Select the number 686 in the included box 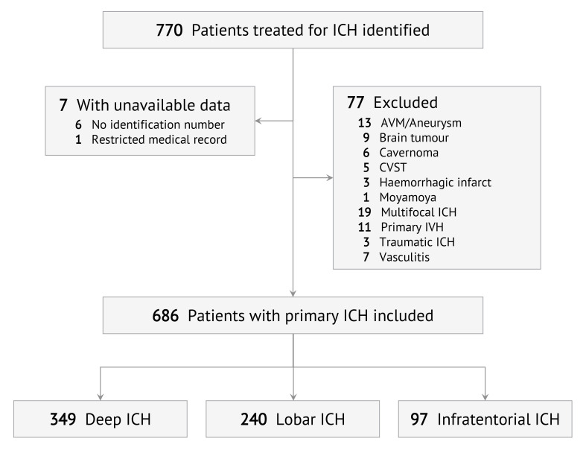pyautogui.click(x=164, y=315)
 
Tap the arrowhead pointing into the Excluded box pyautogui.click(x=328, y=179)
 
